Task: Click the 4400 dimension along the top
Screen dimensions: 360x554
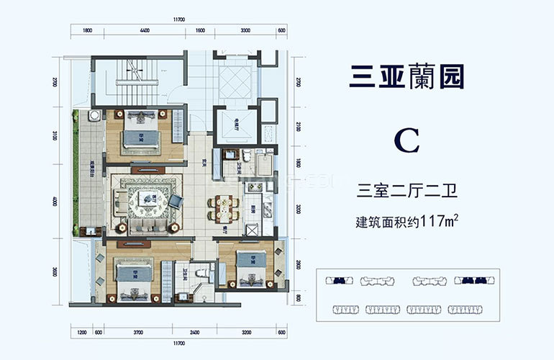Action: coord(144,31)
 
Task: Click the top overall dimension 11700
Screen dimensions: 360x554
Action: coord(181,19)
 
